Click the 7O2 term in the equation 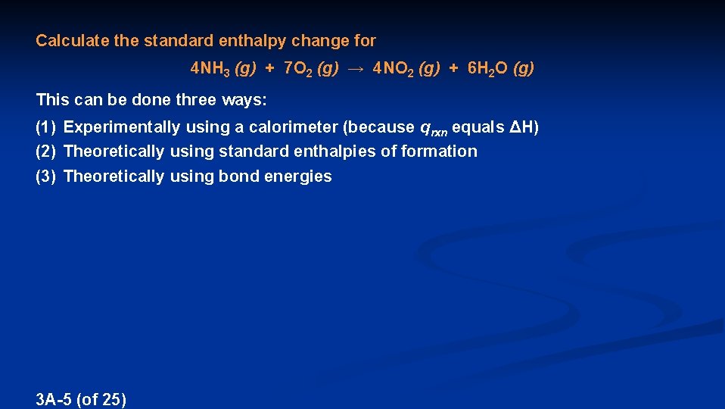[x=297, y=69]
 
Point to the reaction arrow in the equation [x=356, y=69]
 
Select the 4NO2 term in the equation [x=394, y=69]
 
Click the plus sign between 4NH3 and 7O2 [x=269, y=69]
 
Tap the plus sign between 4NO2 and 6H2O [x=453, y=69]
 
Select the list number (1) [x=46, y=127]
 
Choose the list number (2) [x=46, y=151]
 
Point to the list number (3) [x=46, y=176]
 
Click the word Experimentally [x=122, y=127]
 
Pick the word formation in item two [x=439, y=151]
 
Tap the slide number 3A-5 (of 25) [x=81, y=399]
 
